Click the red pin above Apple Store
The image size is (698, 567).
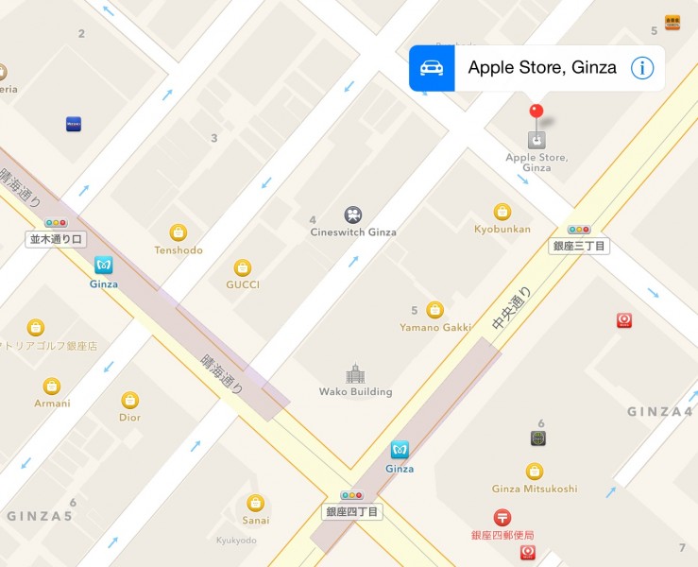(536, 112)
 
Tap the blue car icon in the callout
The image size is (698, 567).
(432, 68)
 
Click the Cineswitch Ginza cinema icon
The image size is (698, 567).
(353, 215)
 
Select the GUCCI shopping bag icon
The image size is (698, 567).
(243, 267)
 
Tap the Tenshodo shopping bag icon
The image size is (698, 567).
(178, 232)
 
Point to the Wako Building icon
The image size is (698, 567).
(355, 373)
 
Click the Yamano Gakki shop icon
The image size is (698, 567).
(434, 309)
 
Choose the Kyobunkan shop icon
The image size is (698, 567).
(502, 211)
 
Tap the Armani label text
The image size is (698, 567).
(51, 404)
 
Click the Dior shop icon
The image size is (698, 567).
(129, 400)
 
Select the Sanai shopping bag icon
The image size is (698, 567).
(255, 503)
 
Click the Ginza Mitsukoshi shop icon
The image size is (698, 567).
(535, 471)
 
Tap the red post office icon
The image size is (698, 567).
(502, 517)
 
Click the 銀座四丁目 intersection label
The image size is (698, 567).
(352, 511)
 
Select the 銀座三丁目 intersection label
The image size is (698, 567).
(579, 246)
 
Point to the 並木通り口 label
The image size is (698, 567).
(56, 239)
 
